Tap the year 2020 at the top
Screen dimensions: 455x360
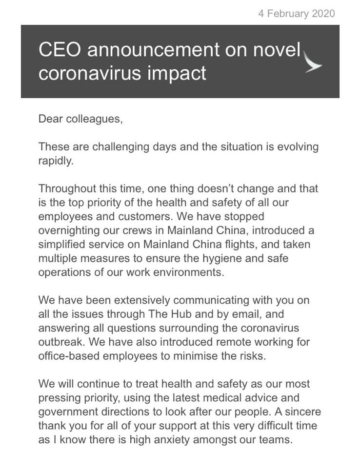[322, 13]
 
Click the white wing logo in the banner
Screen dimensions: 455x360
[313, 63]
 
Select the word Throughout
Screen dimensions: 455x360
[65, 188]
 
